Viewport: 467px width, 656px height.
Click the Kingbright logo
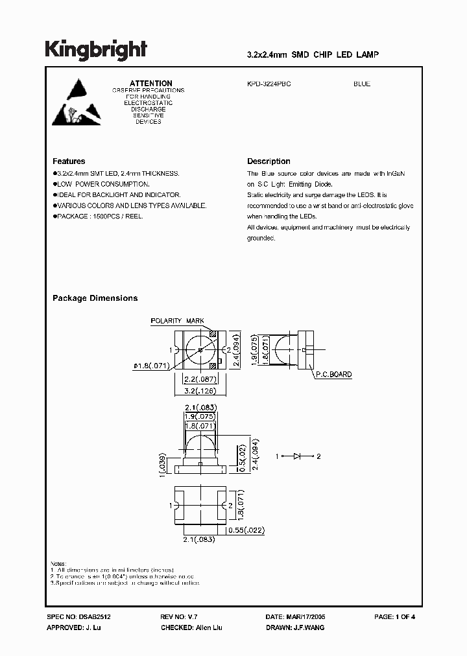96,50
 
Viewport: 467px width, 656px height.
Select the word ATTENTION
151,84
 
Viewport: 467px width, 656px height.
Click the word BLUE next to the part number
362,84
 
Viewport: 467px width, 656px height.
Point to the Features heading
69,161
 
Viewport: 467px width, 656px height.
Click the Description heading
269,161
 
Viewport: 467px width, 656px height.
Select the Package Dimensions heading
95,298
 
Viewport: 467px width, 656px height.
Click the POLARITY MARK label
177,321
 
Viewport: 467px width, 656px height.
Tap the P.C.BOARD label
334,375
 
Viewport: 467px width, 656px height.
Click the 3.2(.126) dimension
200,391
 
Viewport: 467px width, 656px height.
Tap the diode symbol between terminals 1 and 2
298,457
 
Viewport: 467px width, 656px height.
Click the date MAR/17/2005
305,616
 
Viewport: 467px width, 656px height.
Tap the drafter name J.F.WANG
309,628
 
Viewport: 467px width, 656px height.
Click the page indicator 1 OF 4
403,616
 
